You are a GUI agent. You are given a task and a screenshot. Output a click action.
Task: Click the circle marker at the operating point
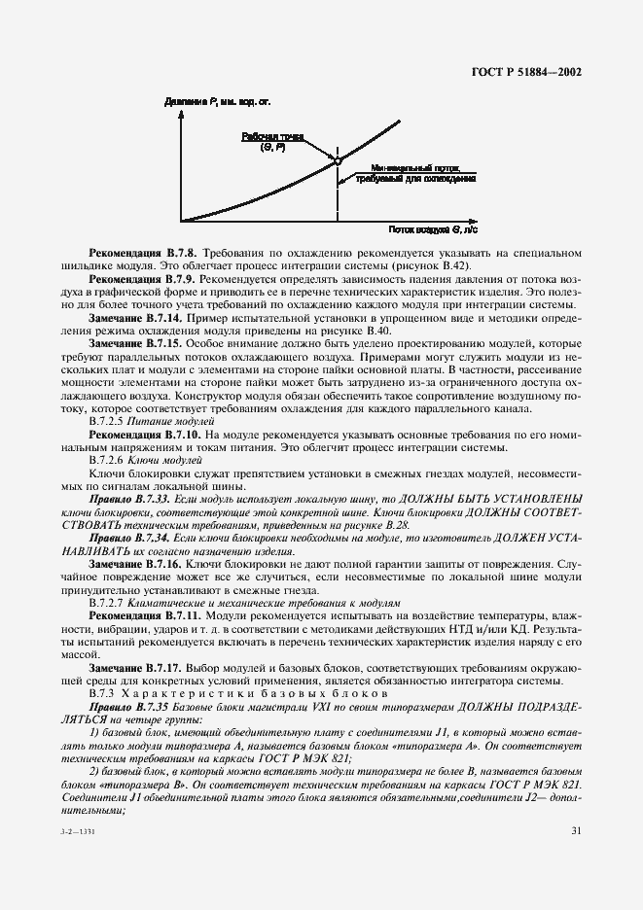click(338, 161)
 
